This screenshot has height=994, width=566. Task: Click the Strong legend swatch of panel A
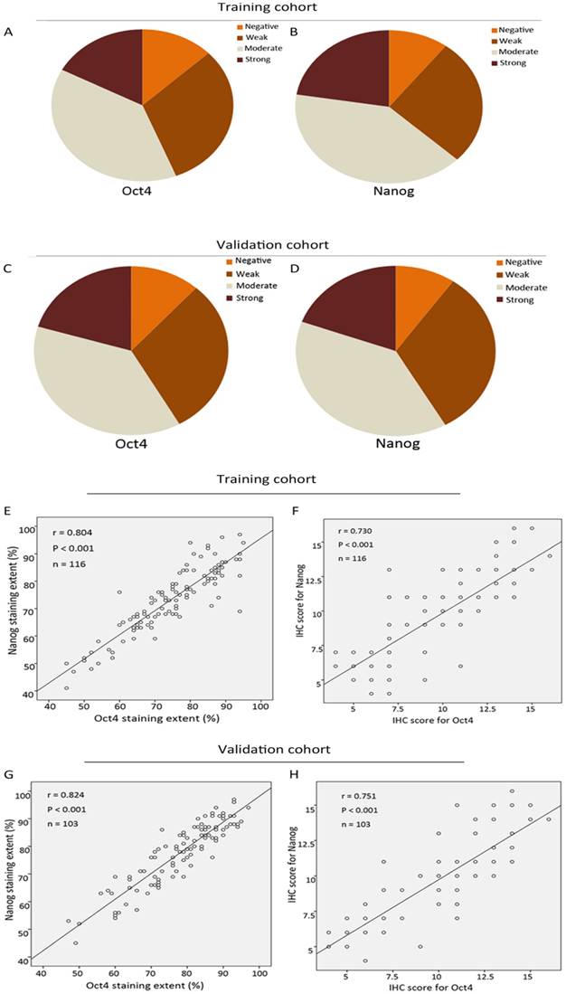point(229,60)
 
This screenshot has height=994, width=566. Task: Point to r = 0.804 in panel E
point(67,529)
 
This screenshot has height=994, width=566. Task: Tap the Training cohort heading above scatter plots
point(271,479)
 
